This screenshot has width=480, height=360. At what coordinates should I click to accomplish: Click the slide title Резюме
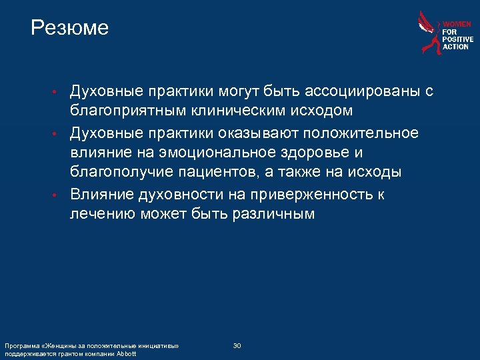tap(69, 28)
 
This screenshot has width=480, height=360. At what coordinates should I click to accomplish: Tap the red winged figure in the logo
tap(429, 32)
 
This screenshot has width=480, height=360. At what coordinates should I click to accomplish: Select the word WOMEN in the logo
tap(457, 24)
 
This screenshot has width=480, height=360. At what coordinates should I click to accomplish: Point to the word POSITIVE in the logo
tap(458, 39)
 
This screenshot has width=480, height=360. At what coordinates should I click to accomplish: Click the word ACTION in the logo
tap(456, 47)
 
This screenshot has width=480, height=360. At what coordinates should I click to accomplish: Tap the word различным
tap(273, 214)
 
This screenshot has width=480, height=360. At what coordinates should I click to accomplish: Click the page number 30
tap(237, 345)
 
